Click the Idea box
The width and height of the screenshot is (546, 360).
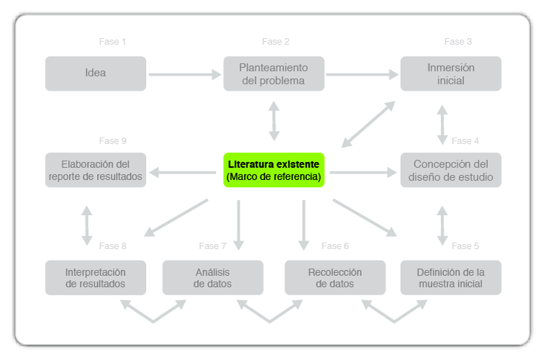pyautogui.click(x=95, y=73)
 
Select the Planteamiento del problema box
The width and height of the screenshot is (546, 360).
pyautogui.click(x=273, y=73)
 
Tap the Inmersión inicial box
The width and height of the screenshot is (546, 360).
pyautogui.click(x=450, y=73)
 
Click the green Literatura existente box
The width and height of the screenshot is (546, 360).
pyautogui.click(x=273, y=170)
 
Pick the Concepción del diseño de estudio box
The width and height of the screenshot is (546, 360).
pyautogui.click(x=450, y=170)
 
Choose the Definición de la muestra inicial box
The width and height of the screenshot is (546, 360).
pyautogui.click(x=450, y=278)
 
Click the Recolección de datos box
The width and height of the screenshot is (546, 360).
pyautogui.click(x=335, y=278)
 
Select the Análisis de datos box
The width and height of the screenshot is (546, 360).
pyautogui.click(x=213, y=278)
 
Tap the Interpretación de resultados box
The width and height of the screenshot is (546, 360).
pyautogui.click(x=95, y=278)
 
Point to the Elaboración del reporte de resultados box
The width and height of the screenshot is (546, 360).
pyautogui.click(x=95, y=170)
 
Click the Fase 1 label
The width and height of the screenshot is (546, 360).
pyautogui.click(x=112, y=42)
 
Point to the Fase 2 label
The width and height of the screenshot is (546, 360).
pyautogui.click(x=276, y=42)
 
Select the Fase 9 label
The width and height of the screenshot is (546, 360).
pyautogui.click(x=112, y=141)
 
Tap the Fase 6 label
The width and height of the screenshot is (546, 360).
pyautogui.click(x=335, y=246)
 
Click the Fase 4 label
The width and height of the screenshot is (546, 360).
pyautogui.click(x=465, y=141)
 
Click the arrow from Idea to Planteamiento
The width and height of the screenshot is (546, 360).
pyautogui.click(x=184, y=73)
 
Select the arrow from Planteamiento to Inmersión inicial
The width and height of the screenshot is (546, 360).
pyautogui.click(x=362, y=73)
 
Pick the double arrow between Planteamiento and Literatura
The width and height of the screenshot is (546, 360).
pyautogui.click(x=273, y=121)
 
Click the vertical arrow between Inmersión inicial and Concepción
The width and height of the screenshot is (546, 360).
pyautogui.click(x=442, y=125)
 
